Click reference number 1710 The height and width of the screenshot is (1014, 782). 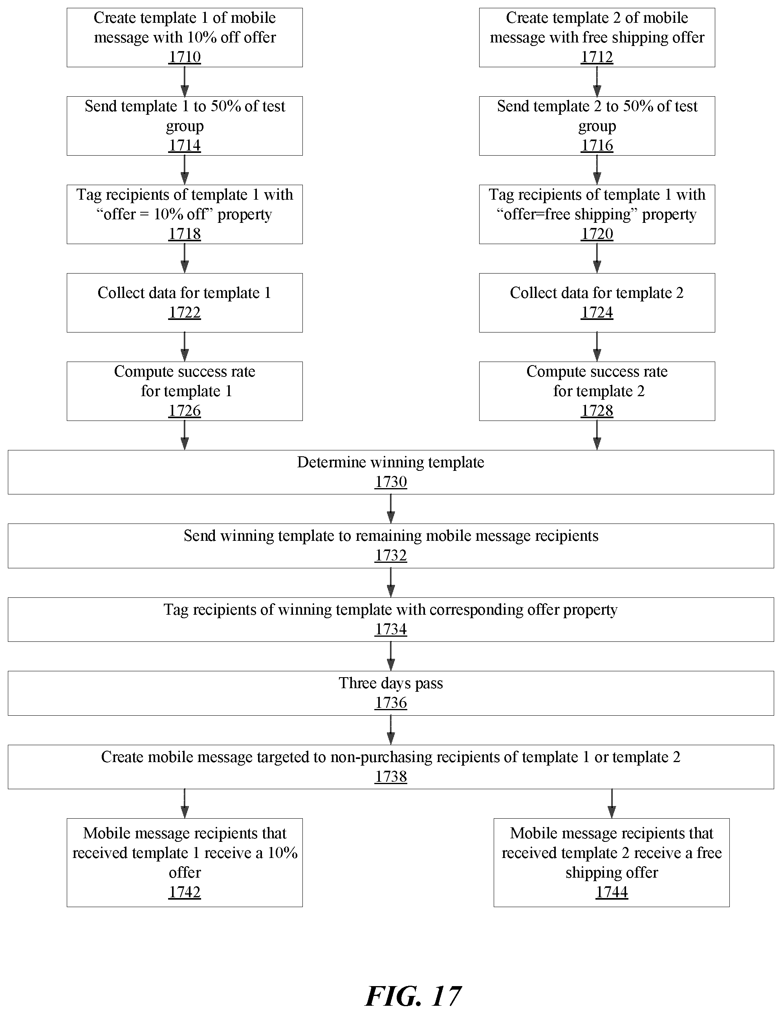[x=185, y=57]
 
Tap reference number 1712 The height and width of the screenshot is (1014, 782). [x=597, y=57]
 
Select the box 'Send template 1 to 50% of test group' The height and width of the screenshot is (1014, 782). [x=185, y=126]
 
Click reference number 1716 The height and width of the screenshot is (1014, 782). [x=597, y=145]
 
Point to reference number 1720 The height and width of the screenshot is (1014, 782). [x=597, y=233]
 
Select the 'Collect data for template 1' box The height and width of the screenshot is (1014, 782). [x=185, y=303]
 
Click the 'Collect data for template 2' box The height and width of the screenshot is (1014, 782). [x=597, y=303]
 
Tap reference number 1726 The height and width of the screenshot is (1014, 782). [x=185, y=410]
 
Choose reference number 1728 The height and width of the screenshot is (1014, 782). [x=597, y=410]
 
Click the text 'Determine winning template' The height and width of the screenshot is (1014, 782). [x=391, y=463]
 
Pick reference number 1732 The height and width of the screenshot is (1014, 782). [x=391, y=555]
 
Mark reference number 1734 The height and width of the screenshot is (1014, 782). [x=391, y=629]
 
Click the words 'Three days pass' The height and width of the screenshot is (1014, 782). [x=391, y=683]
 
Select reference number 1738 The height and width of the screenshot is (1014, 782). [x=391, y=776]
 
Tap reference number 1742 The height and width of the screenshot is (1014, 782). [x=185, y=892]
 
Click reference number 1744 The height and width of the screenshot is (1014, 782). [x=612, y=892]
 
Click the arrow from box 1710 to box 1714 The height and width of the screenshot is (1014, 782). [x=185, y=82]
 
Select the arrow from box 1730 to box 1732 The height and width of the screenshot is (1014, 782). [x=391, y=509]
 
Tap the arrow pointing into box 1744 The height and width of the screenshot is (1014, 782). [x=612, y=804]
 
